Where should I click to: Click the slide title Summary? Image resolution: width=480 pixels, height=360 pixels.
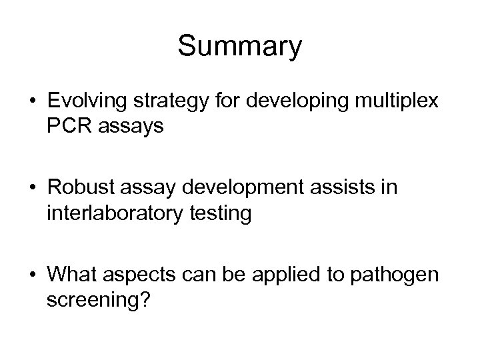(240, 47)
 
